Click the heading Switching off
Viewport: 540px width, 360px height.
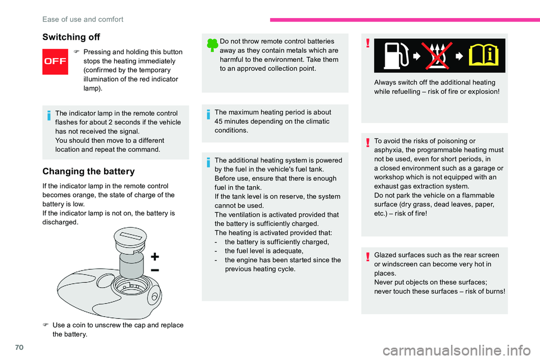tap(71, 37)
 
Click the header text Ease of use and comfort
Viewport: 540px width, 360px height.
tap(83, 19)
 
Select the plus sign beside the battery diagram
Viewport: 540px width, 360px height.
tap(155, 257)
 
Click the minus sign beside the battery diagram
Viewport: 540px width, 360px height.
tap(155, 271)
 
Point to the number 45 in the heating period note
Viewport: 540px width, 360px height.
tap(219, 121)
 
